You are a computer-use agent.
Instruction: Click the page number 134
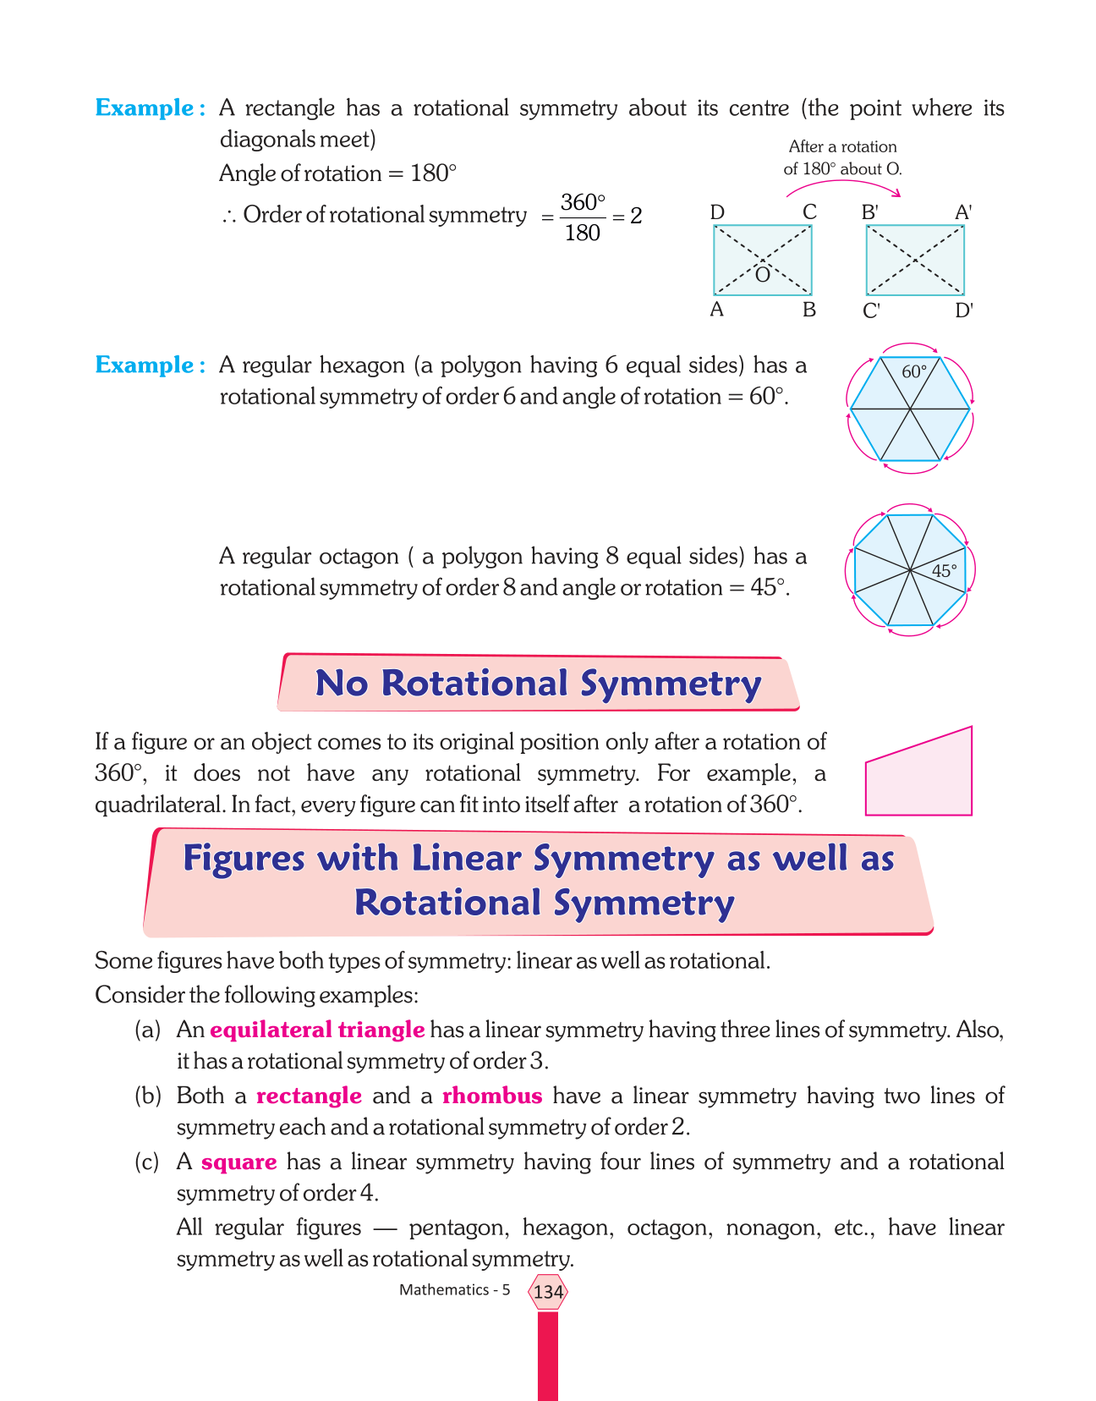[x=548, y=1292]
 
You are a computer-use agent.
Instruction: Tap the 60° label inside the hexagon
[x=914, y=371]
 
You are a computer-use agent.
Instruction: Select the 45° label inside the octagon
[x=945, y=571]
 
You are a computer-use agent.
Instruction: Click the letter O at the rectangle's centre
[x=762, y=275]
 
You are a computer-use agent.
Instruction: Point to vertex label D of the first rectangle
[x=717, y=212]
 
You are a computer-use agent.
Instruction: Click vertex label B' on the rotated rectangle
[x=870, y=212]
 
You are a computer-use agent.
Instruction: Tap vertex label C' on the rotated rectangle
[x=872, y=311]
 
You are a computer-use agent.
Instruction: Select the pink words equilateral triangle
[x=317, y=1030]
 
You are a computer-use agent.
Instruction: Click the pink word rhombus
[x=492, y=1096]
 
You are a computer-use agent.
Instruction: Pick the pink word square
[x=239, y=1162]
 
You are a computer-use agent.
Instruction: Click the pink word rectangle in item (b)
[x=309, y=1096]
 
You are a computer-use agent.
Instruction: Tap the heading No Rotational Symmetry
[x=539, y=684]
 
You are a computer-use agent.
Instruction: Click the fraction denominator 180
[x=582, y=233]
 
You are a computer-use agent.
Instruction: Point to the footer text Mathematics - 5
[x=455, y=1290]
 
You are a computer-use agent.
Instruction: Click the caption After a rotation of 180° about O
[x=842, y=158]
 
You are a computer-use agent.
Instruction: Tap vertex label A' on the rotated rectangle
[x=963, y=212]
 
